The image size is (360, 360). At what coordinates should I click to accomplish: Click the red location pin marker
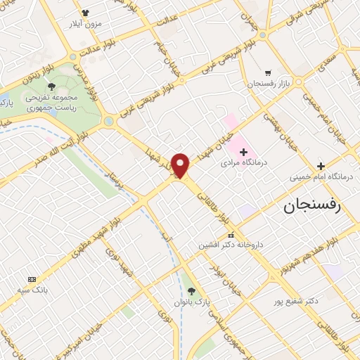pos(181,165)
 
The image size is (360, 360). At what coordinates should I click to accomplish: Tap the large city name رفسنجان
pos(320,207)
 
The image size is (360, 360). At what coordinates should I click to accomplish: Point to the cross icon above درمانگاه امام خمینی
pos(321,166)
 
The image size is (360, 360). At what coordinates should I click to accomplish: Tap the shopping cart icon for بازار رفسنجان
pos(268,72)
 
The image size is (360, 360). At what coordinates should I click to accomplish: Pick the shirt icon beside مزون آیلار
pos(86,13)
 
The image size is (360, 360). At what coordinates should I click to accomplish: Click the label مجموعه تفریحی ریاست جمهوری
pos(51,103)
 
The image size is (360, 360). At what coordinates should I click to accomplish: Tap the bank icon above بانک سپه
pos(30,278)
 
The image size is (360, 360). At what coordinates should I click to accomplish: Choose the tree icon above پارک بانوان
pos(193,291)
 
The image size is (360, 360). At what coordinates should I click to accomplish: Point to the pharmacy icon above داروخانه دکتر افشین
pos(231,235)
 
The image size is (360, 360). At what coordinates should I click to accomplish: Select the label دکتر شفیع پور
pos(296,301)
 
